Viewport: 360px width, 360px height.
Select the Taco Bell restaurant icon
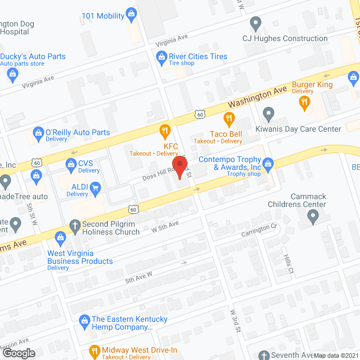[x=228, y=119]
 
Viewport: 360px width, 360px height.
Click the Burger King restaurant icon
[x=305, y=102]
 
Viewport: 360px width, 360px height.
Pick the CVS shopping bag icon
[x=71, y=164]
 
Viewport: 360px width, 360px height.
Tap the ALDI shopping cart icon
[x=96, y=187]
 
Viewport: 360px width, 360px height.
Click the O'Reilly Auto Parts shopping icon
[x=38, y=133]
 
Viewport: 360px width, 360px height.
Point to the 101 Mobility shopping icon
[x=132, y=12]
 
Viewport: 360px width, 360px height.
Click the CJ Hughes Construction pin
[x=256, y=24]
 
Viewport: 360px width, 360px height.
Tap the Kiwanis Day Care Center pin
[x=268, y=115]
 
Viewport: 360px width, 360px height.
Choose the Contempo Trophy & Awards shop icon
[x=268, y=163]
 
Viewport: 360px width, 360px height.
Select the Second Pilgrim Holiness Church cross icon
[x=74, y=224]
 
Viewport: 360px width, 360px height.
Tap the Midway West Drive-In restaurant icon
[x=94, y=352]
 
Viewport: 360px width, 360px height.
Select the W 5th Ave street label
[x=165, y=227]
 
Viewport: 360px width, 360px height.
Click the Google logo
[x=19, y=353]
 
